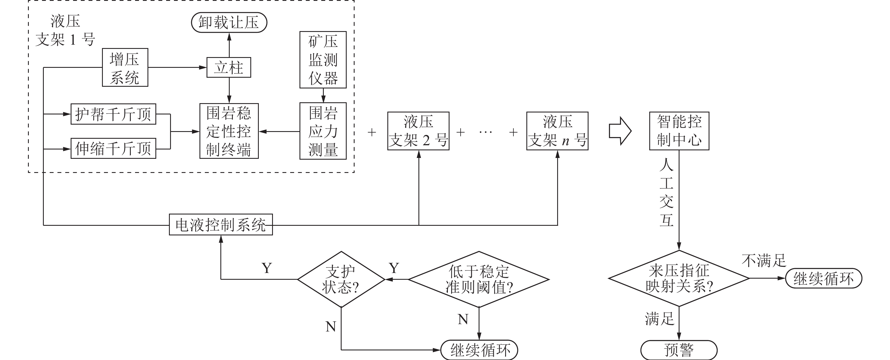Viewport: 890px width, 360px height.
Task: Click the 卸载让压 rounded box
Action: click(x=229, y=22)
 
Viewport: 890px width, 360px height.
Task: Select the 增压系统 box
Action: click(x=125, y=67)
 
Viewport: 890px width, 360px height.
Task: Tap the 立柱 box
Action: click(x=229, y=67)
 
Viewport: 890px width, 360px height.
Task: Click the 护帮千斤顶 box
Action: click(x=113, y=114)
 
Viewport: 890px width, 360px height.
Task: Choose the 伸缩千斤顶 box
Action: click(x=113, y=149)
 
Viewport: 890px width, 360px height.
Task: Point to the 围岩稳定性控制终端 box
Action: click(x=229, y=131)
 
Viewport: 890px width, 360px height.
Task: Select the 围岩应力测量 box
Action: click(x=323, y=131)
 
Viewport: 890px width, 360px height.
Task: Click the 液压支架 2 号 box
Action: click(x=418, y=131)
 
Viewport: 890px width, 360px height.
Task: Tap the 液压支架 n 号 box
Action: click(x=557, y=131)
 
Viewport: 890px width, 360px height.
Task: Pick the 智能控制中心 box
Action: click(x=679, y=131)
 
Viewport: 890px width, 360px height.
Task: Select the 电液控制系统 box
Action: click(x=221, y=225)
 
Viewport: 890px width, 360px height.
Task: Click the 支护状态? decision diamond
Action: click(x=341, y=279)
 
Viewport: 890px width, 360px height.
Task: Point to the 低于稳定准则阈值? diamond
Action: click(x=479, y=279)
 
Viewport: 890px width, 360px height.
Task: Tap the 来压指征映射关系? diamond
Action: click(x=679, y=278)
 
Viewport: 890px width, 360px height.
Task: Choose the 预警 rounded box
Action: click(x=679, y=350)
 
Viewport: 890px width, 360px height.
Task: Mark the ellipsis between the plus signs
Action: click(x=486, y=132)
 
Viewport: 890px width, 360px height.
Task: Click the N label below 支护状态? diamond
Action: click(x=331, y=326)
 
